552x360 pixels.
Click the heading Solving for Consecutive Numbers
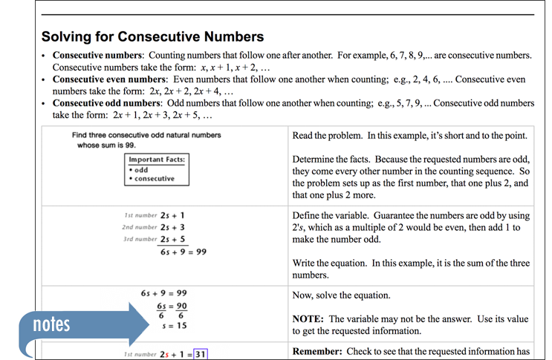pyautogui.click(x=152, y=36)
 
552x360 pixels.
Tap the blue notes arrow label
pyautogui.click(x=52, y=324)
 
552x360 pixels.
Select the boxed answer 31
pyautogui.click(x=199, y=354)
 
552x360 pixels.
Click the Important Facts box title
pyautogui.click(x=157, y=160)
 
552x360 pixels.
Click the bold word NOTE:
pyautogui.click(x=312, y=318)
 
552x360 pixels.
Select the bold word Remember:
pyautogui.click(x=321, y=351)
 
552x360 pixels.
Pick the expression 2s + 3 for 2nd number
pyautogui.click(x=172, y=226)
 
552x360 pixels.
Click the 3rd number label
pyautogui.click(x=138, y=239)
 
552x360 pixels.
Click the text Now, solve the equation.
pyautogui.click(x=341, y=295)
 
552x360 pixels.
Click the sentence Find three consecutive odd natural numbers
pyautogui.click(x=146, y=135)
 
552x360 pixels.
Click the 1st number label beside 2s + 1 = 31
pyautogui.click(x=138, y=355)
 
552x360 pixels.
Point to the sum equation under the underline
pyautogui.click(x=183, y=252)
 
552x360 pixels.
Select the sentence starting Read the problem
pyautogui.click(x=409, y=135)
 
